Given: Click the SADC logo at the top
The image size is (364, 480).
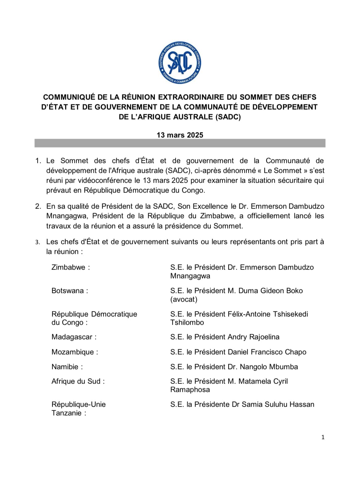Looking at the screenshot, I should [x=180, y=63].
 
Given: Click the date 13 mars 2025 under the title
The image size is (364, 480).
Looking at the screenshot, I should [x=180, y=135].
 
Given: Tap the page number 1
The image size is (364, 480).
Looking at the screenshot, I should [x=323, y=437].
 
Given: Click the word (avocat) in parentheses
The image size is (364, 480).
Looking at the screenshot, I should [x=184, y=299].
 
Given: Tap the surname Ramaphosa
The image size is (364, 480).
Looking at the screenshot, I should [x=190, y=389].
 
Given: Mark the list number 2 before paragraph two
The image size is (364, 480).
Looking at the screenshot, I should [x=38, y=206].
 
